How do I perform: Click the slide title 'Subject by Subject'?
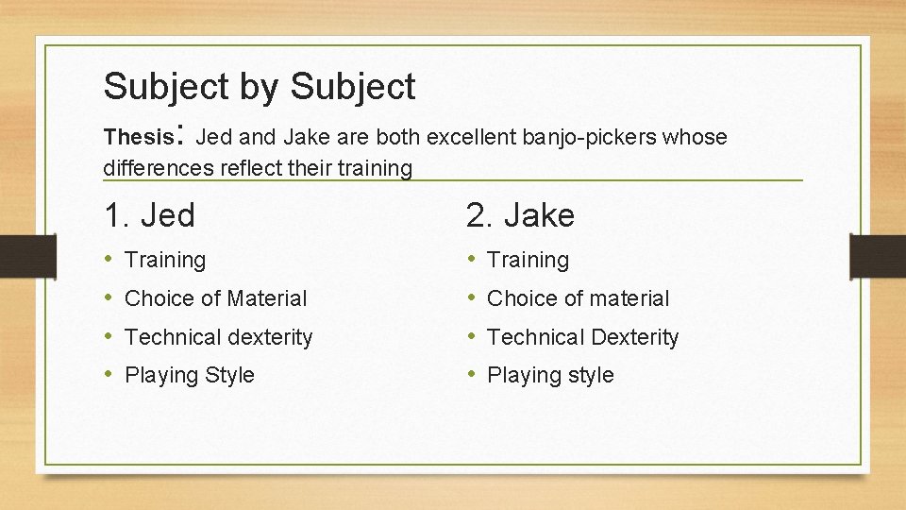click(x=260, y=87)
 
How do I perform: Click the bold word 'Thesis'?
click(x=137, y=138)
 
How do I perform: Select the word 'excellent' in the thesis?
click(x=470, y=138)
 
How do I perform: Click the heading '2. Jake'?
click(x=520, y=216)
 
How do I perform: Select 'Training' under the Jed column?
click(x=165, y=260)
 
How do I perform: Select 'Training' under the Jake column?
click(x=528, y=260)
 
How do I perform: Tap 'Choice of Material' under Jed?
click(x=216, y=298)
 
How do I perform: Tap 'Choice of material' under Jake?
click(x=578, y=298)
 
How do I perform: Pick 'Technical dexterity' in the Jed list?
click(x=218, y=337)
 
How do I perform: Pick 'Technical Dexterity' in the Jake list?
click(x=582, y=337)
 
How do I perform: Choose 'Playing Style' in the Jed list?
click(x=190, y=375)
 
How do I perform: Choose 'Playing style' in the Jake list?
click(x=550, y=375)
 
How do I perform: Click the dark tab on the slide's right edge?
click(x=878, y=256)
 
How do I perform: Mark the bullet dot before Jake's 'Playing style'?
click(x=472, y=375)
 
